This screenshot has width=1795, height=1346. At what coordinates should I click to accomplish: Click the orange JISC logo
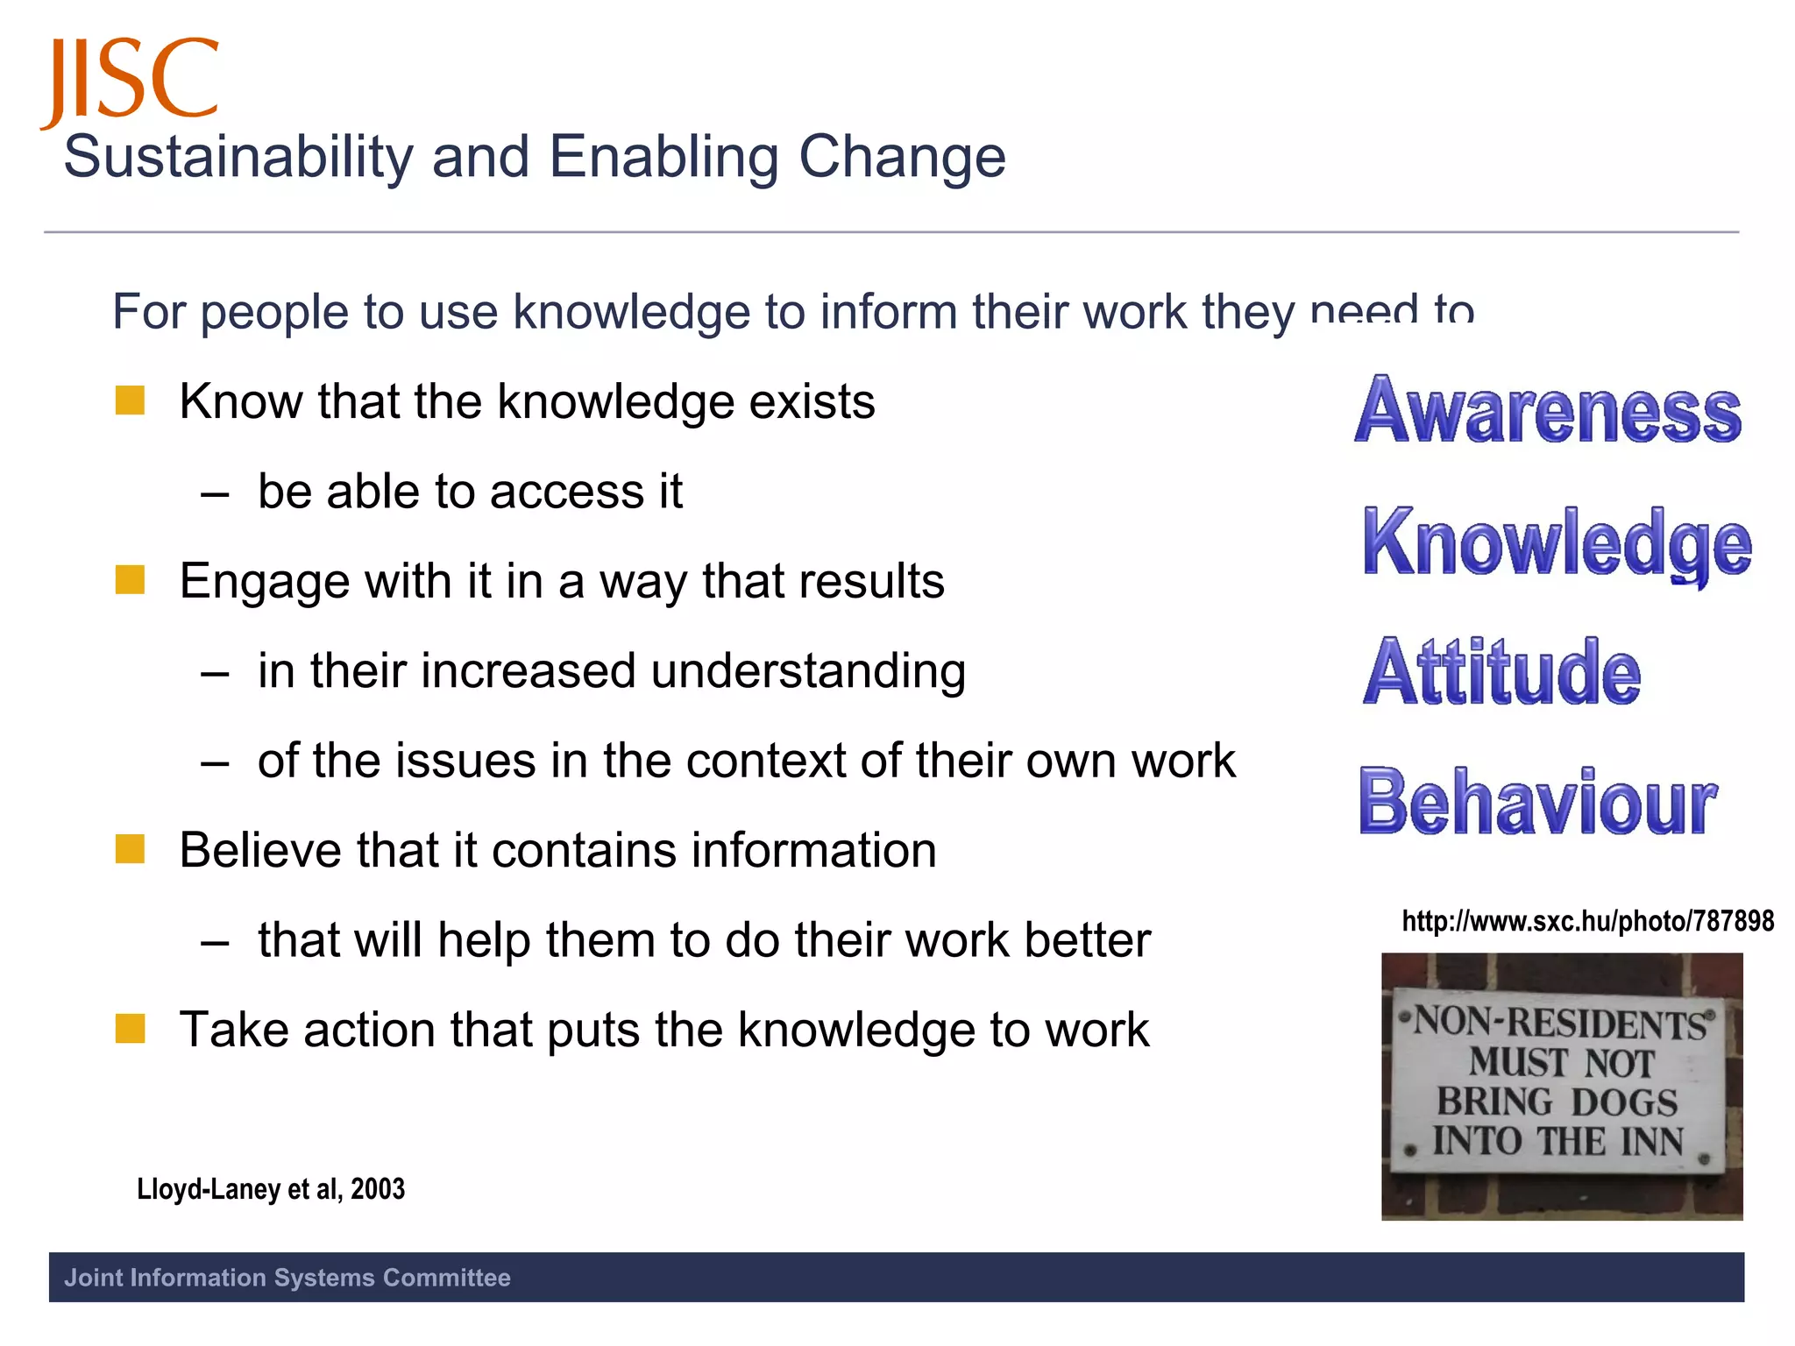pos(130,81)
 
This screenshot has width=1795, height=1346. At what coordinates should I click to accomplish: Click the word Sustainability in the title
pos(238,158)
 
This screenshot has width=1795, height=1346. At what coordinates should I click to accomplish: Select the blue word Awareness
pos(1548,410)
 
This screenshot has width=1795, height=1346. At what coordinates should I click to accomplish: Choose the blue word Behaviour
pos(1538,803)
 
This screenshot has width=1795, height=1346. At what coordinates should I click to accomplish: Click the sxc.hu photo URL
pos(1587,921)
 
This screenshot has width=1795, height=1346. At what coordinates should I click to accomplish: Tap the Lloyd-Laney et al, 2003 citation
pos(271,1189)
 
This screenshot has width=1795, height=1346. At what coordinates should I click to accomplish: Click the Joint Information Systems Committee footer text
pos(287,1278)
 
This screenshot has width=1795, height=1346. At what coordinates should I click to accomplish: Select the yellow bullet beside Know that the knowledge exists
pos(130,401)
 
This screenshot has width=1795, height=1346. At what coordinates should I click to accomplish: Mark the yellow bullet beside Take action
pos(130,1029)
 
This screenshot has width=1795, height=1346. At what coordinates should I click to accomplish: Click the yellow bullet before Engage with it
pos(130,580)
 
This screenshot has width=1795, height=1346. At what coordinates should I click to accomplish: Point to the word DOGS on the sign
pos(1623,1102)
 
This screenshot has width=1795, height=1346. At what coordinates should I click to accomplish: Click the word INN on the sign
pos(1652,1142)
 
